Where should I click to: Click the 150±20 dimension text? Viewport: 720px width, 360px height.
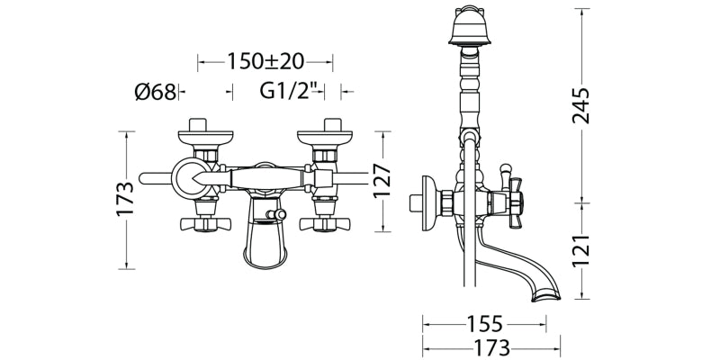click(265, 61)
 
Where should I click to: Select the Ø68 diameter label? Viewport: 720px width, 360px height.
click(155, 93)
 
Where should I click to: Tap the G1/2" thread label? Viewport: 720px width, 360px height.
click(290, 92)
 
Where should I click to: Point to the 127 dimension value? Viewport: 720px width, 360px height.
click(382, 181)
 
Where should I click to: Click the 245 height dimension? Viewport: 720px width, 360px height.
click(580, 105)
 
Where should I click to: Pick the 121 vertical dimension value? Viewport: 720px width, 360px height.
click(580, 250)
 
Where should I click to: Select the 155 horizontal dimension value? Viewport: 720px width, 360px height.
click(485, 324)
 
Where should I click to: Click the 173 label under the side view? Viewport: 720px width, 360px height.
click(491, 348)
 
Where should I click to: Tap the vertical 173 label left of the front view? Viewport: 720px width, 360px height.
click(125, 198)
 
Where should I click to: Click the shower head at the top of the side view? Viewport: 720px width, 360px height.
click(466, 26)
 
